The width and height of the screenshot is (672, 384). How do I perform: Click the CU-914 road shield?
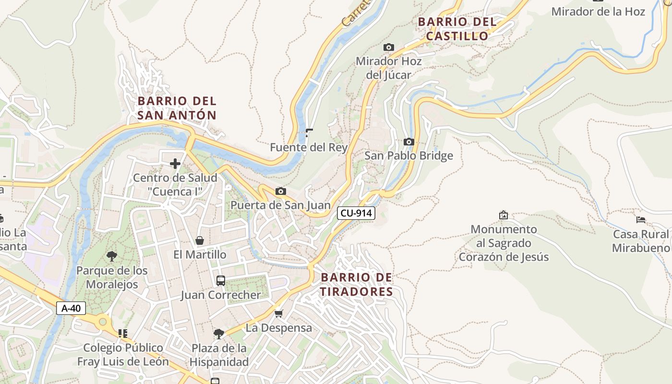(356, 213)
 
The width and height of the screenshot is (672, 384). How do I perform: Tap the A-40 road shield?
(71, 308)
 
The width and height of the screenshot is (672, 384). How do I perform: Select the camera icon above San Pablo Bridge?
(408, 142)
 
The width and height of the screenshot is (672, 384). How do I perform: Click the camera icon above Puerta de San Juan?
(281, 192)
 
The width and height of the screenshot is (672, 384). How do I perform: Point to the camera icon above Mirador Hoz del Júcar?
(388, 47)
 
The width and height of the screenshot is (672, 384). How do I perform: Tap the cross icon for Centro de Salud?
(175, 164)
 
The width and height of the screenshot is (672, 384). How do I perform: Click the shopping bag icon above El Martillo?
(200, 240)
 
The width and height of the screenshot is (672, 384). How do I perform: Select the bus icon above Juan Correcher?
(221, 281)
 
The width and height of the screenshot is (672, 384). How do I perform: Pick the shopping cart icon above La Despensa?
(278, 314)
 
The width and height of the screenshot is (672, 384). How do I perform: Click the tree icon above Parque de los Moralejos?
(112, 256)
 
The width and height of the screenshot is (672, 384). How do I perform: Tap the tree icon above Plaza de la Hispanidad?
(219, 334)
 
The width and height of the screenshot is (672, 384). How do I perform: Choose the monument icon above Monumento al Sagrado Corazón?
(503, 215)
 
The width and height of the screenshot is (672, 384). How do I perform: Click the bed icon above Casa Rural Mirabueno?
(640, 220)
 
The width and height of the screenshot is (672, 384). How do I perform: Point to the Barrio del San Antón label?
(177, 108)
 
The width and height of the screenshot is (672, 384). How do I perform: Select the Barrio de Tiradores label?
(356, 284)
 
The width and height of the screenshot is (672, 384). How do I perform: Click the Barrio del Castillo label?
(457, 29)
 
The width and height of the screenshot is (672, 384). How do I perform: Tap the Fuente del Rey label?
(308, 147)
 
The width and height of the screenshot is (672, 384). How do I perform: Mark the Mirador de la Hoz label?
(598, 12)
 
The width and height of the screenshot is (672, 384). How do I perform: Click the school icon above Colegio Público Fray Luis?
(122, 333)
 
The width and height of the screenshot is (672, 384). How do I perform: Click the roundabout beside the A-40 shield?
(102, 322)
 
